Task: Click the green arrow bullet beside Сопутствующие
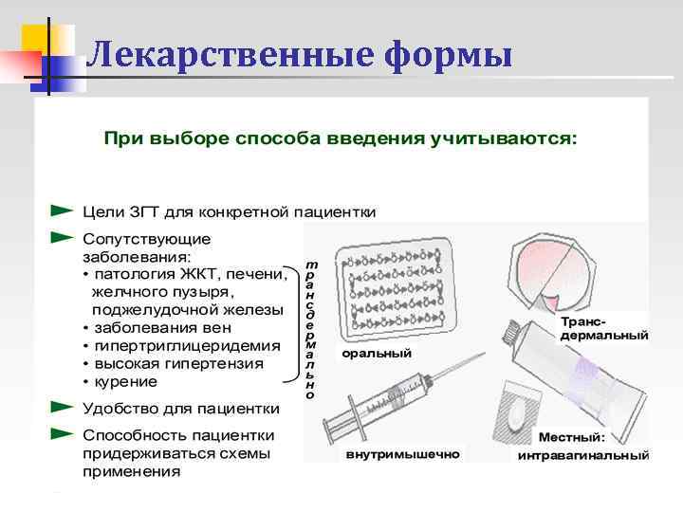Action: [x=62, y=234]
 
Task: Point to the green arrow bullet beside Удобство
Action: [x=62, y=407]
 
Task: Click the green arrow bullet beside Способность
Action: [x=62, y=433]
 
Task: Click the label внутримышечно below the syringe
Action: [x=402, y=454]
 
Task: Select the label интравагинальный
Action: [x=582, y=456]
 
